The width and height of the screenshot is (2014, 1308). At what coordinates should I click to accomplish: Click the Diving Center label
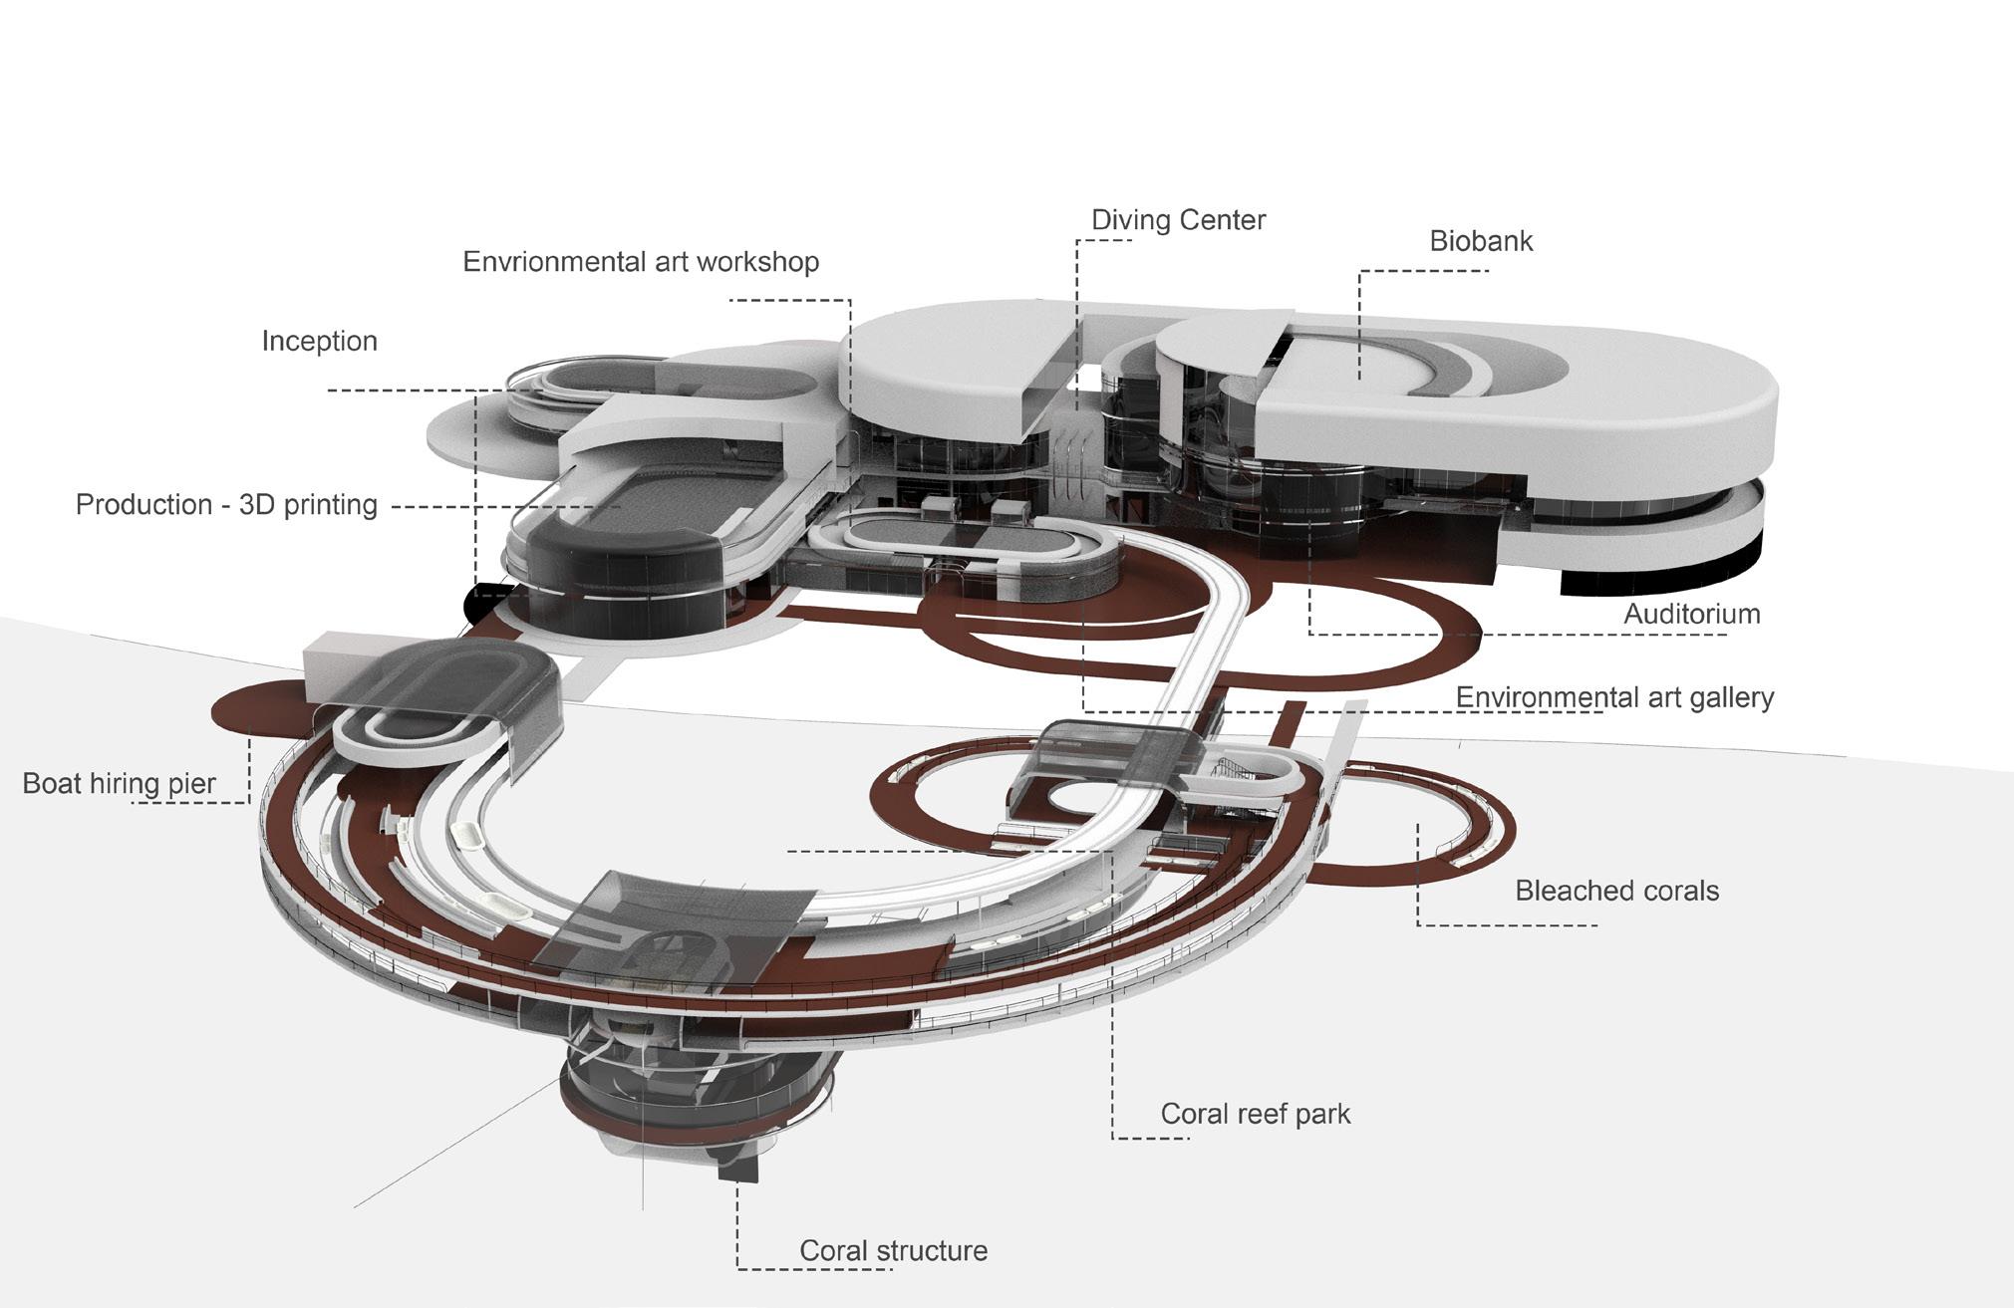[x=1178, y=220]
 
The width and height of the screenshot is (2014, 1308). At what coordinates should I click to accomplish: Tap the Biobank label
[x=1481, y=241]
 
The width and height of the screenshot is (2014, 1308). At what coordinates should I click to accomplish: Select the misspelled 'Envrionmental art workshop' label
[x=641, y=262]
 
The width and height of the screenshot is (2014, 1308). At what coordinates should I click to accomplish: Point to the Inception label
[x=319, y=342]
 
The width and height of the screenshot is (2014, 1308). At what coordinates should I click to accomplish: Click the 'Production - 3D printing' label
[x=226, y=505]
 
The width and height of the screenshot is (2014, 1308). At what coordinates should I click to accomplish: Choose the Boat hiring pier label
[x=119, y=784]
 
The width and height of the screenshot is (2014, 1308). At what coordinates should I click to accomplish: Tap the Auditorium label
[x=1691, y=614]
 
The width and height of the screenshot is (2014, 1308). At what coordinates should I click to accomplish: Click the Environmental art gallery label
[x=1614, y=697]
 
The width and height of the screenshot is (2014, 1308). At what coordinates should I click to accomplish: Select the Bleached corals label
[x=1616, y=891]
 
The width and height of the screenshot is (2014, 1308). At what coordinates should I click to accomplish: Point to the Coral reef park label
[x=1255, y=1114]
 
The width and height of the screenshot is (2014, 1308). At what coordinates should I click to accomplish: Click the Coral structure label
[x=893, y=1251]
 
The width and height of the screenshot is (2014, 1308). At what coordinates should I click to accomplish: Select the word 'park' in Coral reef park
[x=1320, y=1114]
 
